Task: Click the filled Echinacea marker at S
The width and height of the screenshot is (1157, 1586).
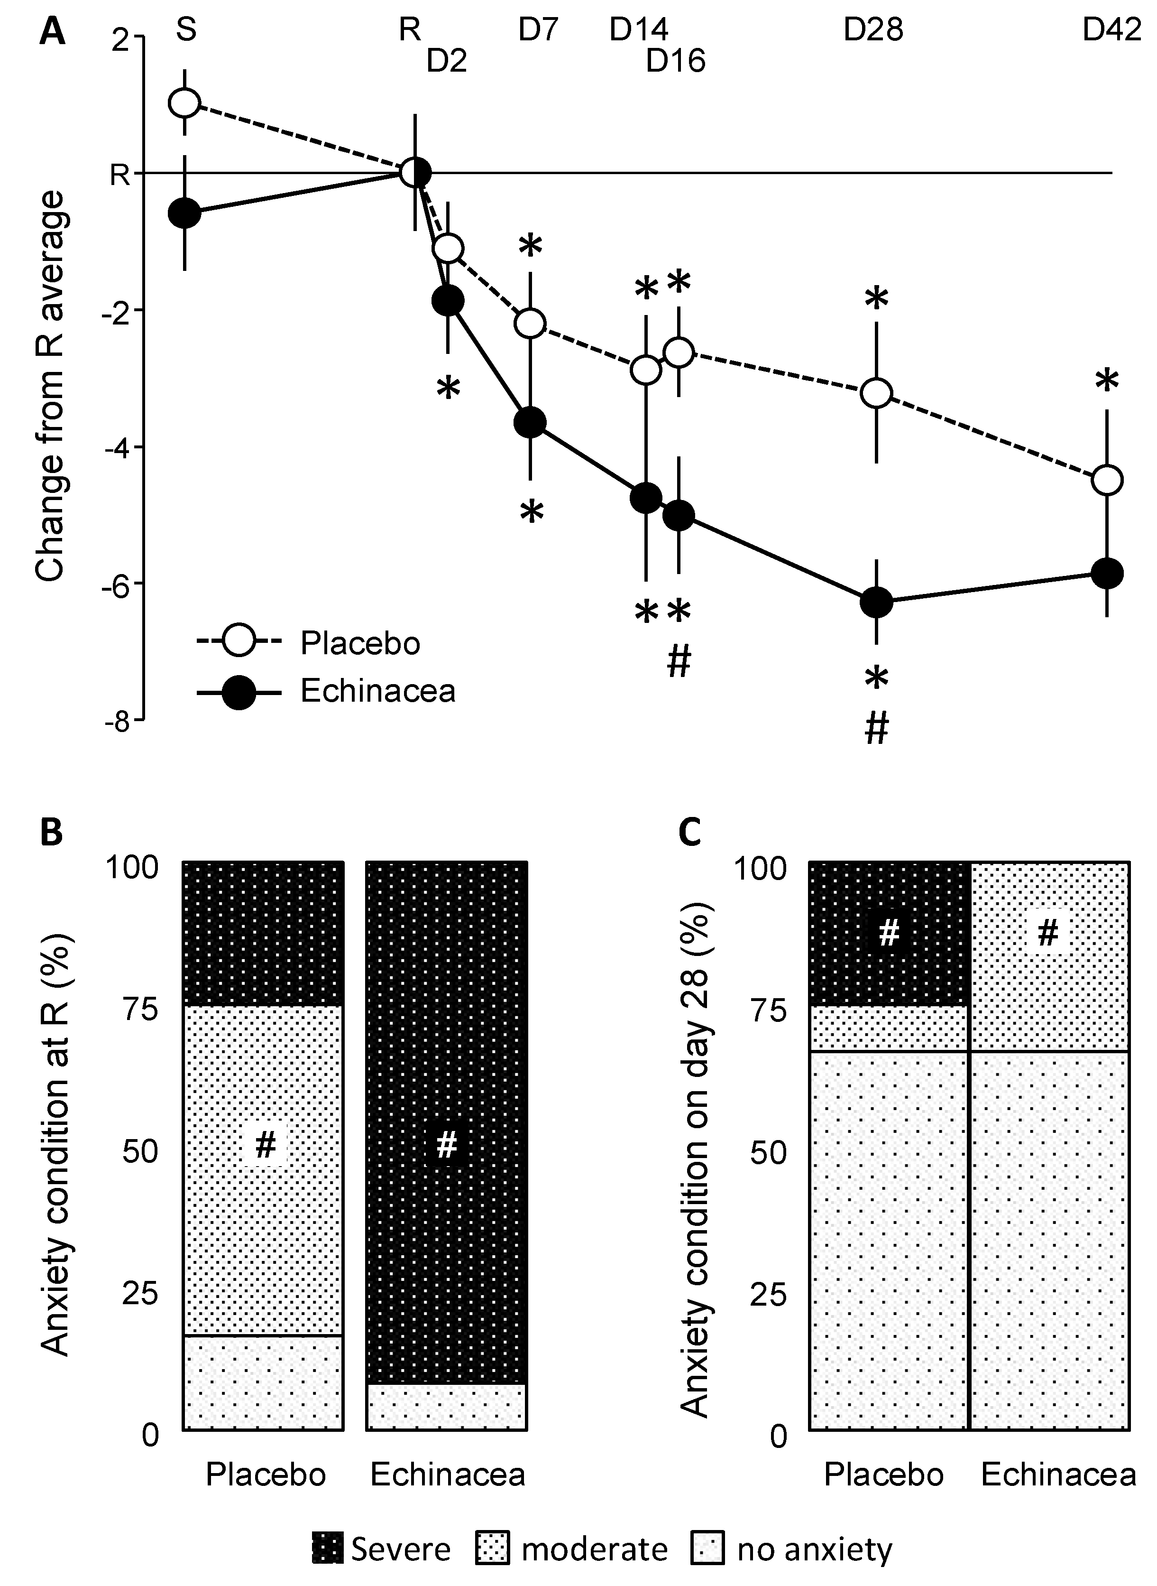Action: (x=185, y=213)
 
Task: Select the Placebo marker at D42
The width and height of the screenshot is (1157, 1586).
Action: (x=1107, y=480)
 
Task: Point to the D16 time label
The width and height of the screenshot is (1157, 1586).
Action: (x=675, y=62)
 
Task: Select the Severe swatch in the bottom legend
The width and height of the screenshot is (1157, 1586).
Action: (x=327, y=1549)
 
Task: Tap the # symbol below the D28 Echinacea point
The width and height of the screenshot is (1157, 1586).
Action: (x=877, y=729)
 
